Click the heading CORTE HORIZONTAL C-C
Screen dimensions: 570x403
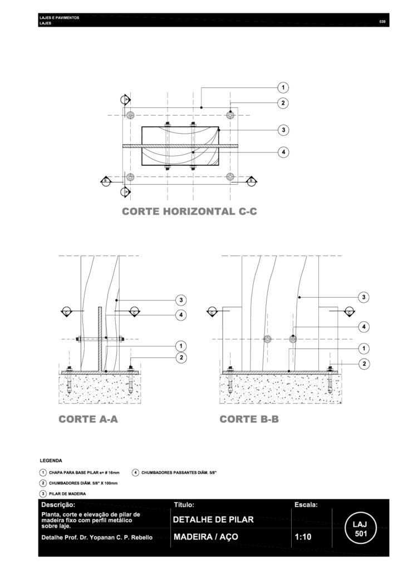[189, 212]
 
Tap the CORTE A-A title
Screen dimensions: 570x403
[89, 420]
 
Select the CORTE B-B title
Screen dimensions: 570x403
[249, 420]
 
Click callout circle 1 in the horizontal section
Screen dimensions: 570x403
[283, 87]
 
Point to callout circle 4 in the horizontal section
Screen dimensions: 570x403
[283, 151]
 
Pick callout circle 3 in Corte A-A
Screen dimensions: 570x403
[181, 301]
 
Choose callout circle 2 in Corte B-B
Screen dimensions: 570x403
[363, 363]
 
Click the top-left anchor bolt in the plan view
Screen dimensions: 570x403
[130, 115]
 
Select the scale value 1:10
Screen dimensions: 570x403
[303, 538]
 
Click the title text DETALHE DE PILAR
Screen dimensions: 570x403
[214, 520]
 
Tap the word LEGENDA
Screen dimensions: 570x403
[51, 461]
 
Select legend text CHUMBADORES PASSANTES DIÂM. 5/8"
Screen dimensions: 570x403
[179, 473]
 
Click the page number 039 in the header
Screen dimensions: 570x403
[382, 22]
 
